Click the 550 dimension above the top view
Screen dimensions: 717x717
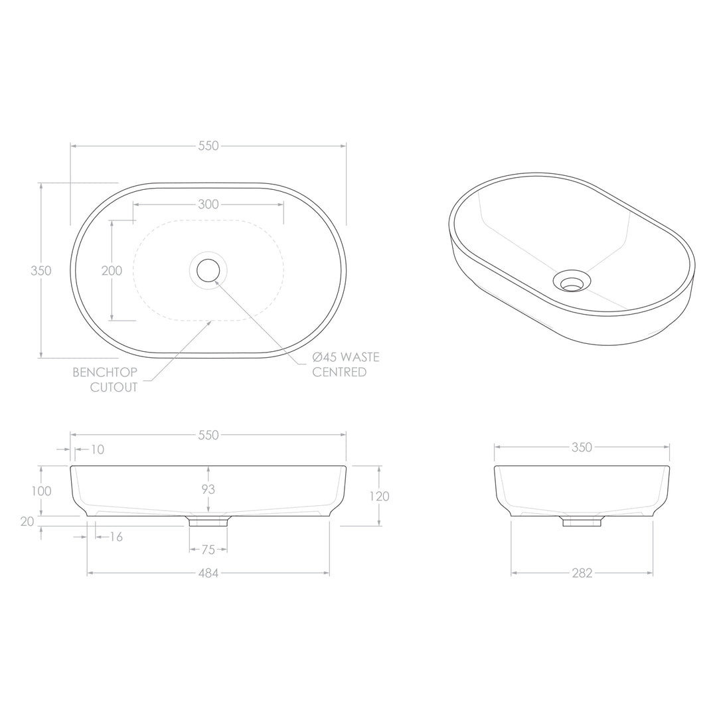pyautogui.click(x=208, y=146)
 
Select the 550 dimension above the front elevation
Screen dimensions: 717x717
pyautogui.click(x=208, y=436)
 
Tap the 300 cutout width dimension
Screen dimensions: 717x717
pyautogui.click(x=208, y=204)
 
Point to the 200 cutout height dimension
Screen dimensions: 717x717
pyautogui.click(x=112, y=271)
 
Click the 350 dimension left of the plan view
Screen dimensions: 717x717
pyautogui.click(x=40, y=271)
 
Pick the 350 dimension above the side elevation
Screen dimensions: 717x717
pyautogui.click(x=582, y=447)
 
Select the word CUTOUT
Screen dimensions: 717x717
pyautogui.click(x=114, y=388)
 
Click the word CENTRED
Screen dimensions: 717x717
pyautogui.click(x=339, y=372)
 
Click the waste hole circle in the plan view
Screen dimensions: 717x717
pyautogui.click(x=208, y=270)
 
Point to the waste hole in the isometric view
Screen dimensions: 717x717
pyautogui.click(x=571, y=283)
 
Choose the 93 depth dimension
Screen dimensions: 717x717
pyautogui.click(x=208, y=489)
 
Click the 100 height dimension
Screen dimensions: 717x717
pyautogui.click(x=40, y=491)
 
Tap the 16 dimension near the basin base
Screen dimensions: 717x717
pyautogui.click(x=116, y=537)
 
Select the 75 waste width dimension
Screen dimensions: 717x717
pyautogui.click(x=208, y=550)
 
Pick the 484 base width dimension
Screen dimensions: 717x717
pyautogui.click(x=208, y=574)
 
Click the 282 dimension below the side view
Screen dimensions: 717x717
pyautogui.click(x=582, y=574)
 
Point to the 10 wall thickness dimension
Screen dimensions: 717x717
pyautogui.click(x=97, y=450)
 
